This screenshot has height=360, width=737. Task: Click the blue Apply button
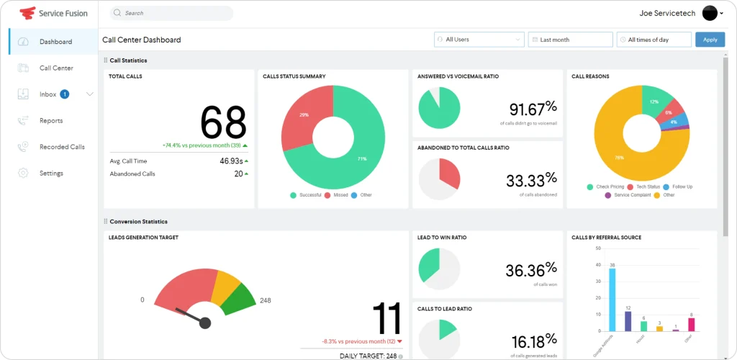(710, 40)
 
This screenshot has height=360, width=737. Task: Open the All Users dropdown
(479, 40)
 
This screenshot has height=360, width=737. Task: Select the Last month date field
(569, 40)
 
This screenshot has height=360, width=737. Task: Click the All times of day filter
(654, 40)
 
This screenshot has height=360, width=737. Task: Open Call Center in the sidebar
(56, 68)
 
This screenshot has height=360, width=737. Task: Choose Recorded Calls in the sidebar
(62, 147)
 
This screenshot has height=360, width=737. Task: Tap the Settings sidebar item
(51, 174)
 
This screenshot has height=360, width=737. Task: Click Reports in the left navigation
(51, 121)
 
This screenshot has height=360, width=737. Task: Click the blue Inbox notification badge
(65, 94)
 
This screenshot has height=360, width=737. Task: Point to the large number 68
(223, 122)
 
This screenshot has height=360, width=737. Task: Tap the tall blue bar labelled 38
(612, 299)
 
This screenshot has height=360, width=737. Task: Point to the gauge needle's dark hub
(205, 323)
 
